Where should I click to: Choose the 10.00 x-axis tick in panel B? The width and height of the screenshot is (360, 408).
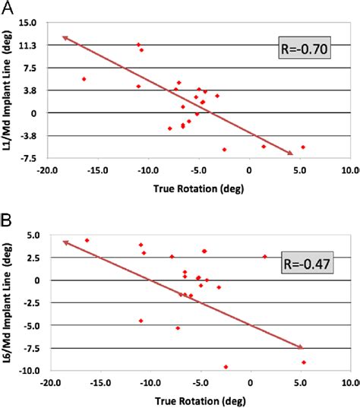tap(349, 384)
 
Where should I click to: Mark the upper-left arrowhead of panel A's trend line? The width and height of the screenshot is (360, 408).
tap(63, 36)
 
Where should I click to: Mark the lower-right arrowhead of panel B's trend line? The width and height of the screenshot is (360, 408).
tap(302, 348)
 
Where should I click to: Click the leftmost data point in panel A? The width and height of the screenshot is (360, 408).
tap(84, 79)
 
